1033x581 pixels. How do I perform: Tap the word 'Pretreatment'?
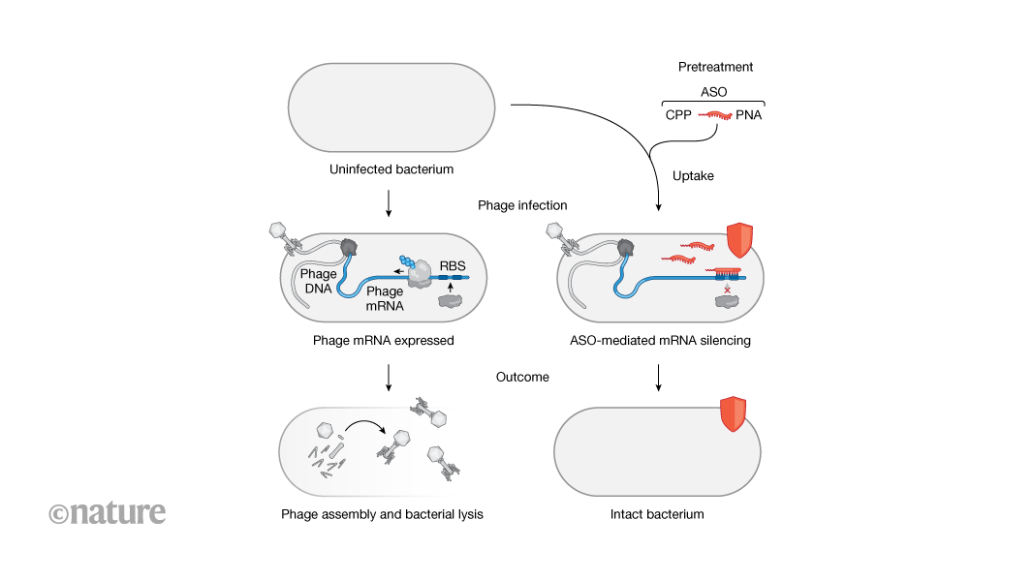[x=715, y=67]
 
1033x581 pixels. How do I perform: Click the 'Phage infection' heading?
[x=522, y=205]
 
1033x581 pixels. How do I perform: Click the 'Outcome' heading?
[x=522, y=376]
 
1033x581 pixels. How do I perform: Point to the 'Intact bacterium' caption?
[x=657, y=514]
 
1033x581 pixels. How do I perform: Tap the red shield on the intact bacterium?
[x=735, y=414]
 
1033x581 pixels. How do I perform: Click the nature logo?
[x=108, y=512]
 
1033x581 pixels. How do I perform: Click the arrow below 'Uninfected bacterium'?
[x=389, y=201]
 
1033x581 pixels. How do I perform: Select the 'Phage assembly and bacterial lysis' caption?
[x=382, y=514]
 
